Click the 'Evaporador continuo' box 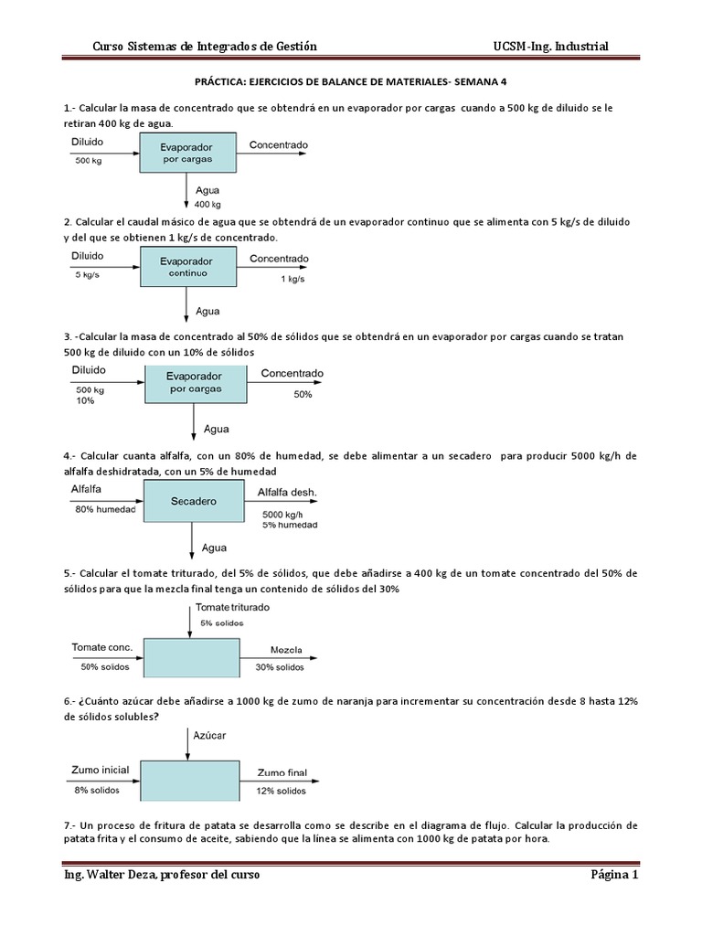pyautogui.click(x=187, y=267)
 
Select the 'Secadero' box pyautogui.click(x=193, y=502)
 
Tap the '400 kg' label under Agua pyautogui.click(x=208, y=204)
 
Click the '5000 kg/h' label pyautogui.click(x=282, y=514)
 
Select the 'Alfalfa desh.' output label pyautogui.click(x=287, y=493)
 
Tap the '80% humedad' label pyautogui.click(x=105, y=509)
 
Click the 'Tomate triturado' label pyautogui.click(x=232, y=607)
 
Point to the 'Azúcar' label pyautogui.click(x=209, y=735)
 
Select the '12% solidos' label pyautogui.click(x=282, y=791)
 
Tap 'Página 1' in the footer pyautogui.click(x=613, y=875)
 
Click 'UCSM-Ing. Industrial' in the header pyautogui.click(x=550, y=47)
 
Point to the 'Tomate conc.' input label pyautogui.click(x=102, y=647)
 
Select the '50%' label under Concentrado pyautogui.click(x=303, y=394)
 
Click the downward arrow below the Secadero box pyautogui.click(x=191, y=541)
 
